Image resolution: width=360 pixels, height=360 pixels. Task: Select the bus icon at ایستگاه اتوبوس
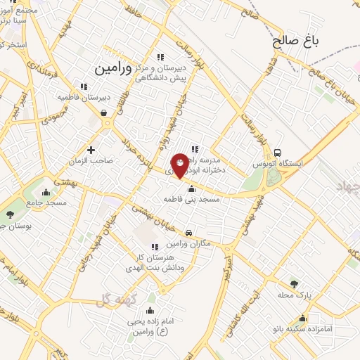(278, 153)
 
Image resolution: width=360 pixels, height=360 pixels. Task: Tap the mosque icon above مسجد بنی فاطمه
(191, 188)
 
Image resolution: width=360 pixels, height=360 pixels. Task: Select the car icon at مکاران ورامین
(188, 233)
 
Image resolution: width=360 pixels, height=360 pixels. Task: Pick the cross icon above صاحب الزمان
(91, 149)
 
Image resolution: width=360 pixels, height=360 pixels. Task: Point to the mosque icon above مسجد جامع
(46, 192)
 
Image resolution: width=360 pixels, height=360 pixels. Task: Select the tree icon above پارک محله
(295, 283)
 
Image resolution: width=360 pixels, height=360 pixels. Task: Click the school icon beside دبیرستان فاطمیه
(84, 86)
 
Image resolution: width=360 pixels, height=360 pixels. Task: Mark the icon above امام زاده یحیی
(150, 309)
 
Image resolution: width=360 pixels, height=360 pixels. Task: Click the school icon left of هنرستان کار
(155, 246)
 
